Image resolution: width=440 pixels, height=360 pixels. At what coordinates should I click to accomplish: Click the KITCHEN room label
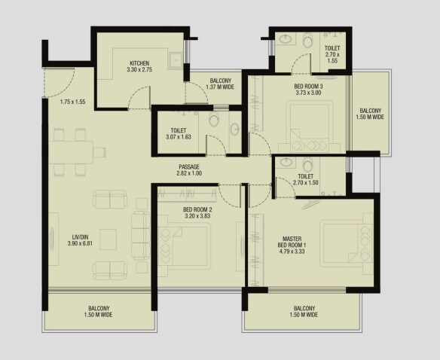click(x=139, y=63)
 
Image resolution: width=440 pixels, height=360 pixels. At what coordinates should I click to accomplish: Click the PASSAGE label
click(x=189, y=166)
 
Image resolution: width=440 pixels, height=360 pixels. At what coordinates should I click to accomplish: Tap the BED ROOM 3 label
click(x=309, y=87)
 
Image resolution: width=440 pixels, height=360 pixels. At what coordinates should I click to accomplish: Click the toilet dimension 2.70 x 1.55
click(x=333, y=55)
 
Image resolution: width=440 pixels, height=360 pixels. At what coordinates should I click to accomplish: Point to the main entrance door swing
click(x=60, y=79)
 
